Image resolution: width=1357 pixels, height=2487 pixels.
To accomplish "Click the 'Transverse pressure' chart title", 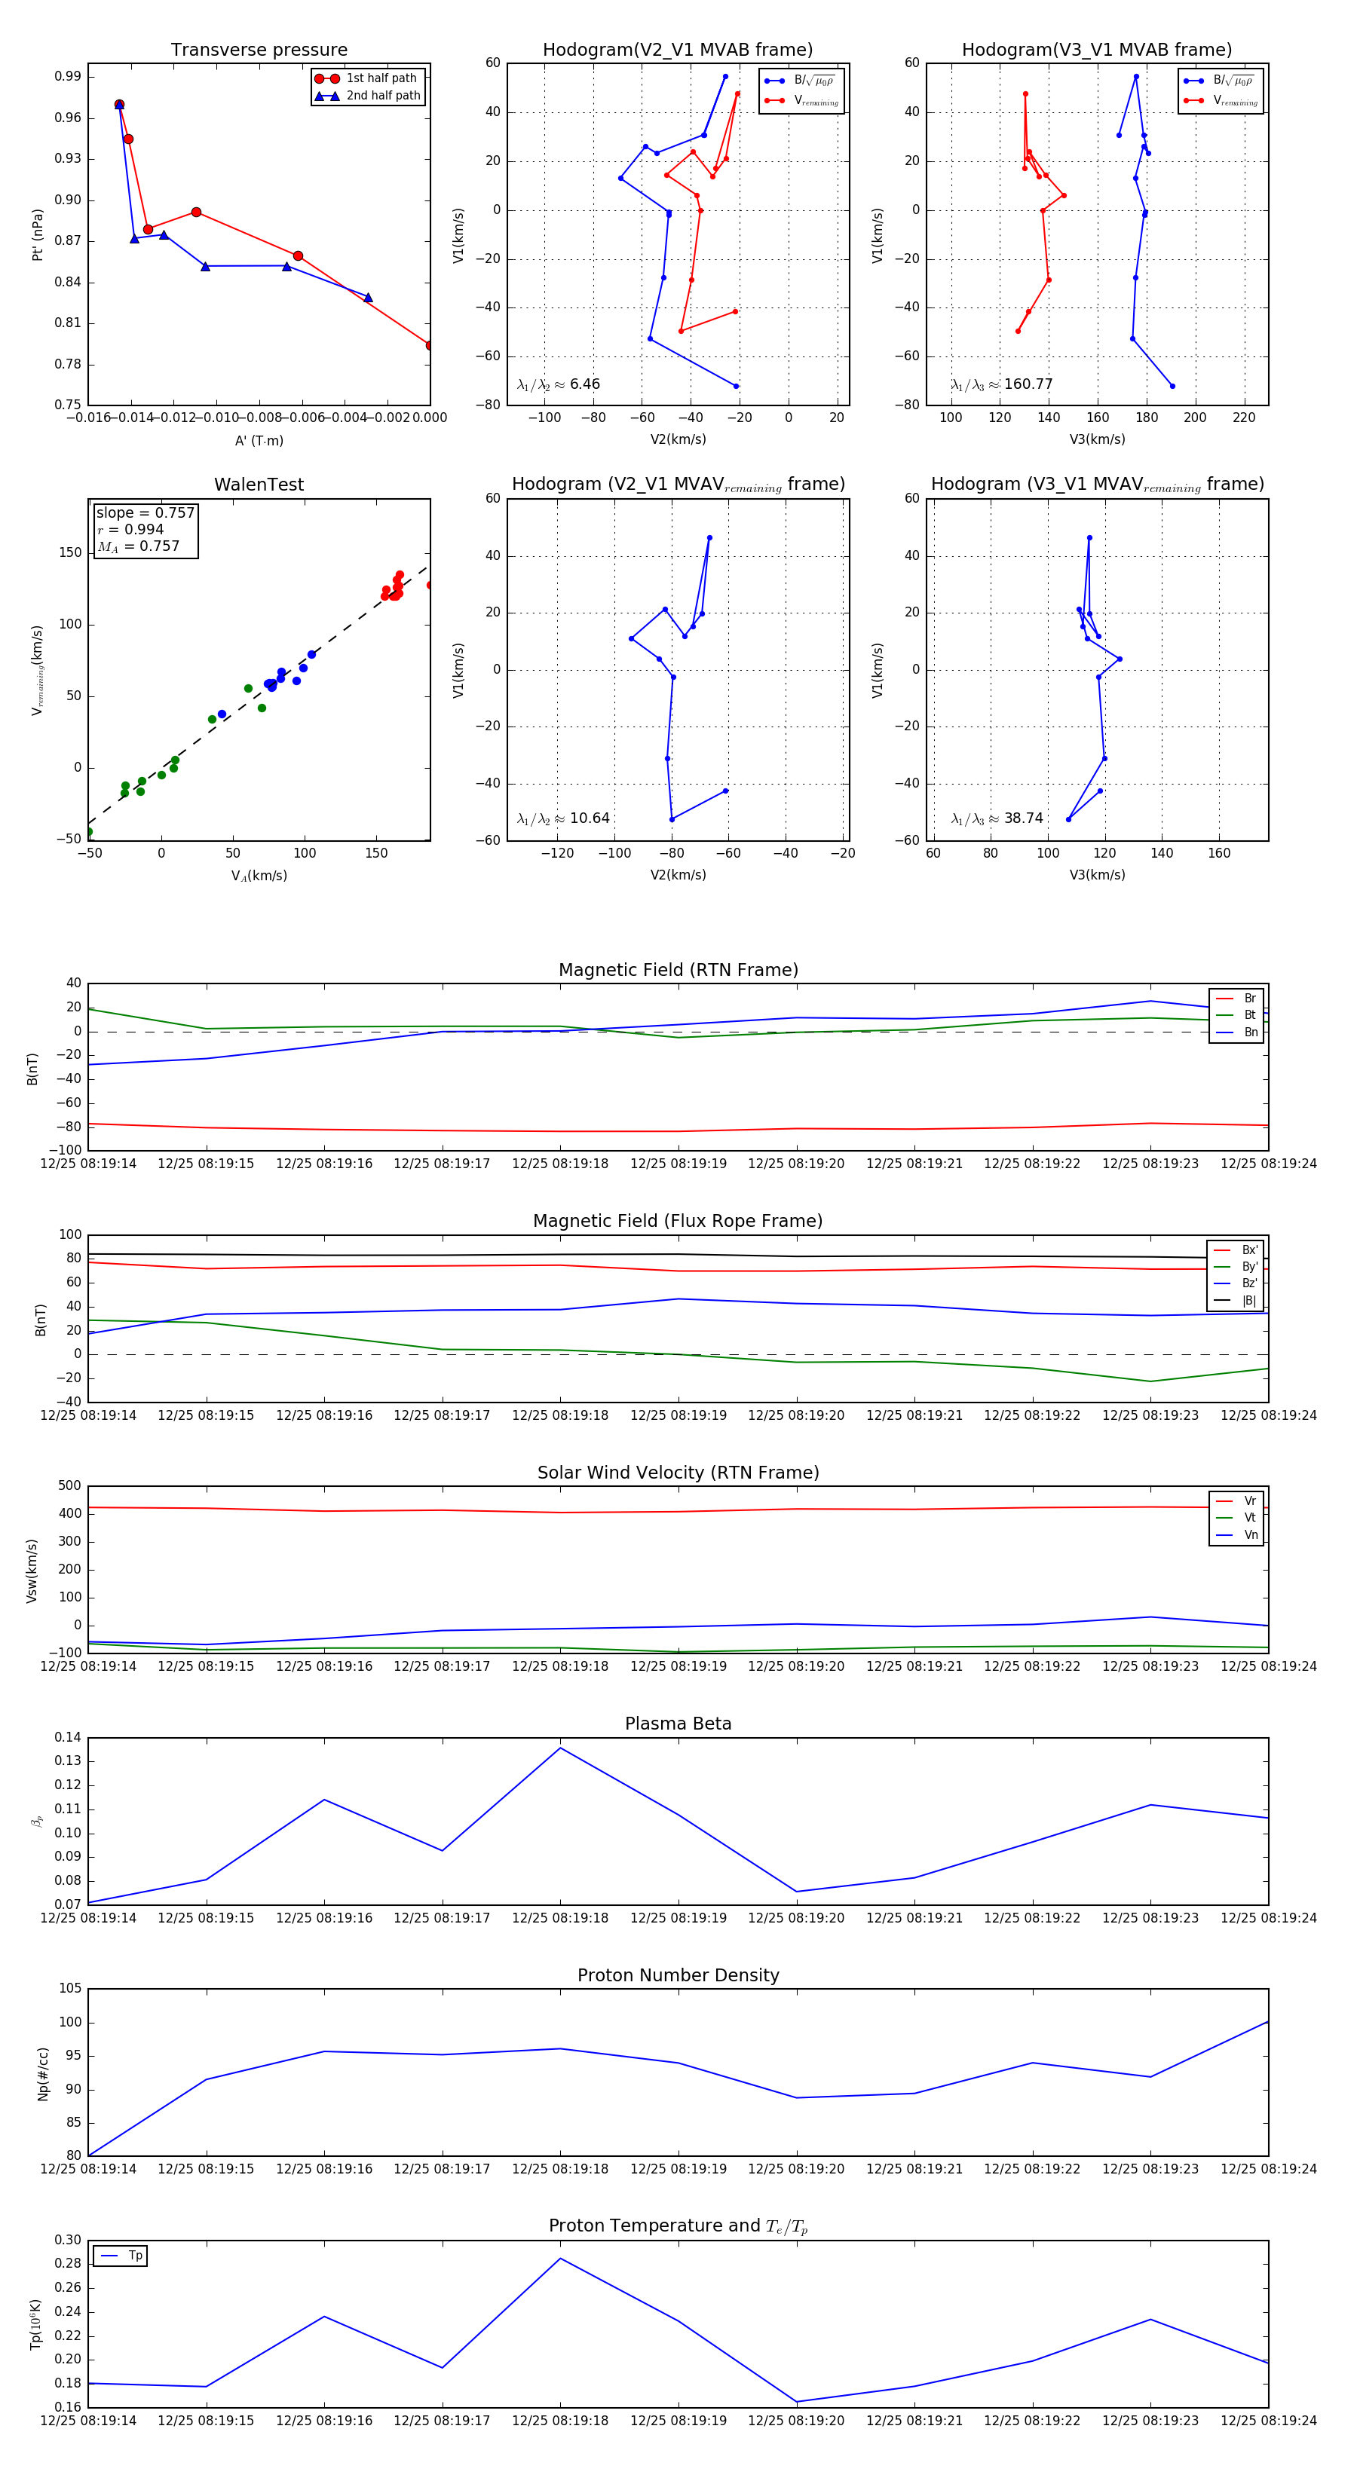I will pyautogui.click(x=259, y=50).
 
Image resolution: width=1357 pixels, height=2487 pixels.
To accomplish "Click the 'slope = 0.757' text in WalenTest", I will pyautogui.click(x=145, y=512).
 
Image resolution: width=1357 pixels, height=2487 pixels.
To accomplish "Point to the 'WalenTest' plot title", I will pyautogui.click(x=259, y=485).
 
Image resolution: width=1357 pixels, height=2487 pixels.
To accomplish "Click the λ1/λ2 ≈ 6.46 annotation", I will pyautogui.click(x=558, y=384).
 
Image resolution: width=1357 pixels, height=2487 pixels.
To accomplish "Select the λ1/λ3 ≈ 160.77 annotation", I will pyautogui.click(x=1002, y=384).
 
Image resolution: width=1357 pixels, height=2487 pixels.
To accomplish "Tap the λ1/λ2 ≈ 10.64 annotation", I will pyautogui.click(x=563, y=818).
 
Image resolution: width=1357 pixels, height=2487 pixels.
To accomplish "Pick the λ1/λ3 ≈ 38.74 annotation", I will pyautogui.click(x=997, y=818).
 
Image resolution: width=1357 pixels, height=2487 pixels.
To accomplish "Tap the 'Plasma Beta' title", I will pyautogui.click(x=678, y=1724).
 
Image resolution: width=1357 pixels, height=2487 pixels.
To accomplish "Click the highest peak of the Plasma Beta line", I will pyautogui.click(x=560, y=1748).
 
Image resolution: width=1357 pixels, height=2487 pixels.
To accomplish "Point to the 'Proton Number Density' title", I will pyautogui.click(x=678, y=1975).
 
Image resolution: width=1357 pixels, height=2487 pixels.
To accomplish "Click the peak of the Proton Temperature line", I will pyautogui.click(x=560, y=2258).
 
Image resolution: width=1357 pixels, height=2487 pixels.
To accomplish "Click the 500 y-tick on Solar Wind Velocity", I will pyautogui.click(x=69, y=1486).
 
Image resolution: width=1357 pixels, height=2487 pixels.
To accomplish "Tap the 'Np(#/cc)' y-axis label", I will pyautogui.click(x=42, y=2074).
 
